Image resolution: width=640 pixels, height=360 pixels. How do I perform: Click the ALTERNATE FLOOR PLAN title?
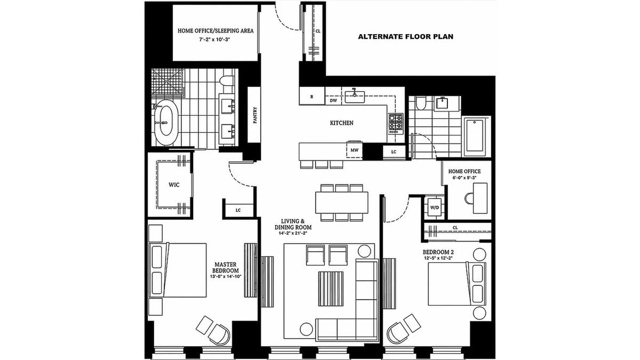point(405,37)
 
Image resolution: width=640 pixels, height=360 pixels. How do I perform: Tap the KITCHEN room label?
point(342,123)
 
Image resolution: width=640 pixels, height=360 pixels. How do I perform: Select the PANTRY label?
point(255,115)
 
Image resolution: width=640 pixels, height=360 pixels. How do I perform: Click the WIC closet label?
point(174,185)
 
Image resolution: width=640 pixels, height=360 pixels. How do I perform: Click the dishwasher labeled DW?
point(333,100)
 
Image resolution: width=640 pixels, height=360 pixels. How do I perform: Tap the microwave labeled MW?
point(354,150)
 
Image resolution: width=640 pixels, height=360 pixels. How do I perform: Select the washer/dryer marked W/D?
point(435,207)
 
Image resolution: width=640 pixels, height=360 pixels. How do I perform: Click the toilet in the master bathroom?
point(227,81)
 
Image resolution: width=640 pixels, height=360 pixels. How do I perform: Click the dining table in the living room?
point(342,203)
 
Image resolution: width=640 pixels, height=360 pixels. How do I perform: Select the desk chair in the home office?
point(469,198)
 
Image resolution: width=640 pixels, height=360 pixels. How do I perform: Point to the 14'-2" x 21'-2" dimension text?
point(293,234)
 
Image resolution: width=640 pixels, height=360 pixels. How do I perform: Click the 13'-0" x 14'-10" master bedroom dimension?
point(226,276)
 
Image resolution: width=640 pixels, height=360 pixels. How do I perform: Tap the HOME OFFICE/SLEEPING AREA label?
point(215,30)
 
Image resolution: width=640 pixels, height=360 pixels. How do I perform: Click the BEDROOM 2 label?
point(438,252)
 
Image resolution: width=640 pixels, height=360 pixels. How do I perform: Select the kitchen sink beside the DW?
point(355,97)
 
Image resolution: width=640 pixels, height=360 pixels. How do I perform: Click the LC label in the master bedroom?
point(238,210)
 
